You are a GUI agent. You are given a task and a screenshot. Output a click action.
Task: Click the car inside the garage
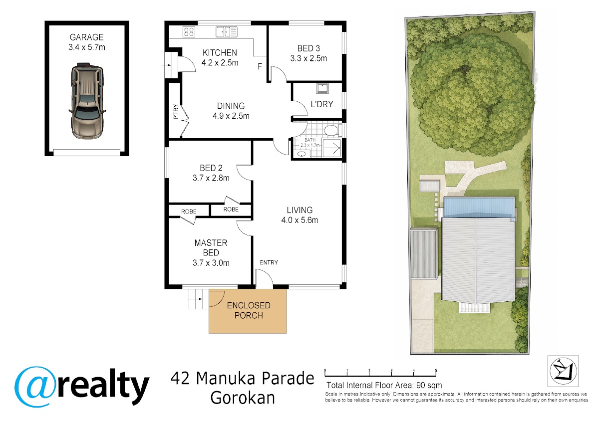click(87, 101)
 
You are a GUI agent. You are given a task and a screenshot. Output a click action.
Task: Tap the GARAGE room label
click(87, 37)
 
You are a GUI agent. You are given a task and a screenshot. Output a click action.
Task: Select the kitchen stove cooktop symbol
click(189, 31)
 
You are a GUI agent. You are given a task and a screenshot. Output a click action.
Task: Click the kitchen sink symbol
click(227, 32)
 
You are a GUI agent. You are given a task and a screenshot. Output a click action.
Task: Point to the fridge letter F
click(260, 66)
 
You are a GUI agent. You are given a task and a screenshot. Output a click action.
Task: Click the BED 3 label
click(308, 48)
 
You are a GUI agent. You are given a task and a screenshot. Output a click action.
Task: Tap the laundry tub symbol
click(322, 88)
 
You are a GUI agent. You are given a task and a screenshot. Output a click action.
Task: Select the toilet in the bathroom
click(331, 130)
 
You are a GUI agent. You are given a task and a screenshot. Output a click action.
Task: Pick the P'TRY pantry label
click(176, 111)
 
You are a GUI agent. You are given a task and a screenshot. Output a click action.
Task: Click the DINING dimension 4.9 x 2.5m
click(231, 116)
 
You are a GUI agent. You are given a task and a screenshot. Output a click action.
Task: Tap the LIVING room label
click(299, 210)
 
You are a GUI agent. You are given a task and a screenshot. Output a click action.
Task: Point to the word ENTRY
click(269, 263)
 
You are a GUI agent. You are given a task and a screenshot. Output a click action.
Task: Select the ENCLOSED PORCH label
click(249, 310)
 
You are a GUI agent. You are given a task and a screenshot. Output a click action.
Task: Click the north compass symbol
click(563, 371)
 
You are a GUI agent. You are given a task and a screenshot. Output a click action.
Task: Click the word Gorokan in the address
click(243, 398)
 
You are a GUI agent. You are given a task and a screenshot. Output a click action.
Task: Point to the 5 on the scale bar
click(436, 370)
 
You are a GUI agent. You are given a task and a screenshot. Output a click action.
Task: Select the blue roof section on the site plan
click(479, 208)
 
